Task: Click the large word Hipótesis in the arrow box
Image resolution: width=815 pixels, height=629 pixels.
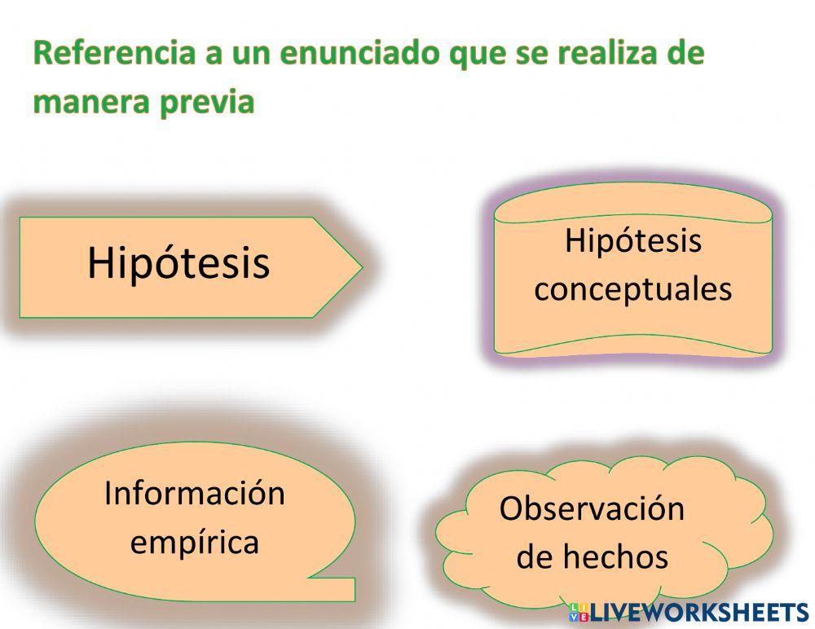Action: (x=178, y=263)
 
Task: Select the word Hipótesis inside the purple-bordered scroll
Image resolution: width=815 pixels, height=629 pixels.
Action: (x=632, y=241)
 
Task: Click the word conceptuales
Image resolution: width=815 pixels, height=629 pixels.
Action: (x=632, y=289)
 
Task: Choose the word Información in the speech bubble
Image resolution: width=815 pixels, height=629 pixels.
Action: (x=195, y=494)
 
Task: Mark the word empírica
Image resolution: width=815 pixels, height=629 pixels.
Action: (x=195, y=542)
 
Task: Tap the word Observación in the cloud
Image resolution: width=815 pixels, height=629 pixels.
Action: (x=592, y=508)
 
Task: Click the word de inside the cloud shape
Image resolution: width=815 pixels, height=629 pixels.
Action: (x=534, y=557)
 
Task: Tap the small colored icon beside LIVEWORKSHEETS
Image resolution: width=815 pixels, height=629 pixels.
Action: (x=578, y=613)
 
